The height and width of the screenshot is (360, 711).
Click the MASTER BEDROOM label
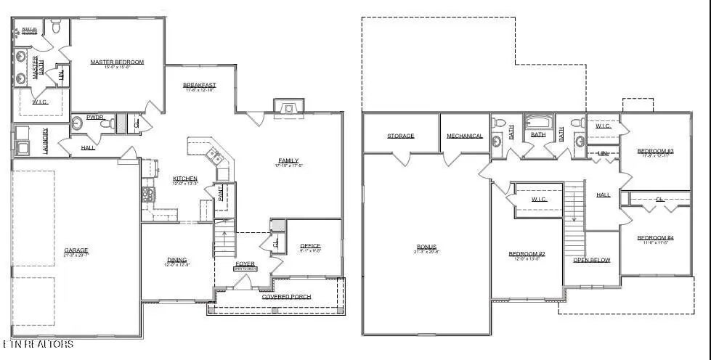point(117,62)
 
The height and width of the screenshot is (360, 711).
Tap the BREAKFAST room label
point(199,86)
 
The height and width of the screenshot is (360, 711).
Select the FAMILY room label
point(288,161)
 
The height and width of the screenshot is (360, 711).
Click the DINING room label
point(176,260)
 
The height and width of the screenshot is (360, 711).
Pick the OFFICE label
point(310,246)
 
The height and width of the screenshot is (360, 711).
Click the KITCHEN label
point(184,179)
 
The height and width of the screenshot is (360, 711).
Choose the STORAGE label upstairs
point(400,136)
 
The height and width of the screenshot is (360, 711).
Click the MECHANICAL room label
point(465,136)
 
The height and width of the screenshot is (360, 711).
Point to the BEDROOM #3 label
point(656,151)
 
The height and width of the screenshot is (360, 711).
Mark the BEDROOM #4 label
point(656,238)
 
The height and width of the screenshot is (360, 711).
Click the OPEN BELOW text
point(591,260)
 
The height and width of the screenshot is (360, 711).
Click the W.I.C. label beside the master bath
point(39,102)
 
